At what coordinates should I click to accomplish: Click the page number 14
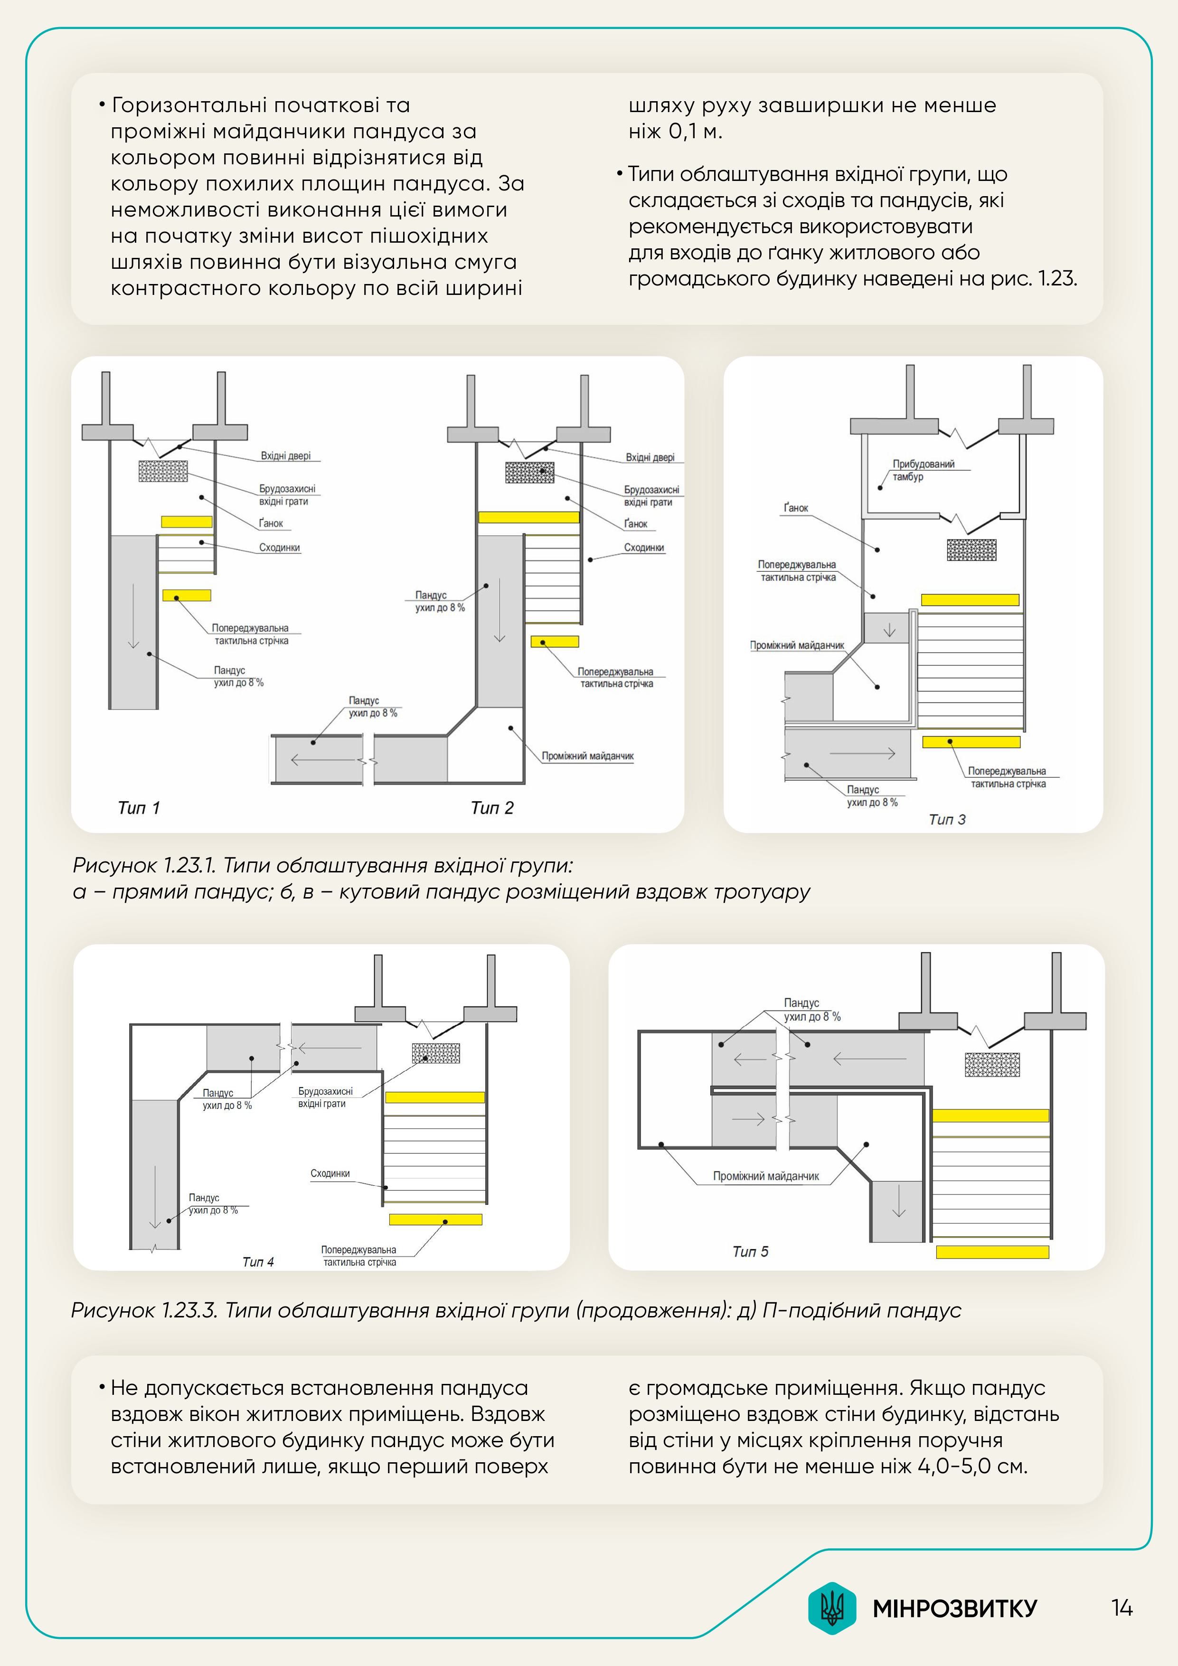pyautogui.click(x=1121, y=1608)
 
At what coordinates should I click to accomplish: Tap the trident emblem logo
pyautogui.click(x=832, y=1608)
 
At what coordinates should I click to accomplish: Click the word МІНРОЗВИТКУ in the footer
pyautogui.click(x=954, y=1609)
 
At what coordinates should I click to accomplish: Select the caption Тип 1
pyautogui.click(x=139, y=808)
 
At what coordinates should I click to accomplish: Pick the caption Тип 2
pyautogui.click(x=492, y=808)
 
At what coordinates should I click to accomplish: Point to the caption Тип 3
pyautogui.click(x=947, y=819)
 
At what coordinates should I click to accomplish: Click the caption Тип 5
pyautogui.click(x=750, y=1251)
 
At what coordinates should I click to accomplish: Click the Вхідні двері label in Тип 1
pyautogui.click(x=286, y=456)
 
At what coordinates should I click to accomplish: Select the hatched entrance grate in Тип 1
pyautogui.click(x=163, y=471)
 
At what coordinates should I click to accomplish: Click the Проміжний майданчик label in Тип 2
pyautogui.click(x=587, y=756)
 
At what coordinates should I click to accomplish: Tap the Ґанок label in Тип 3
pyautogui.click(x=796, y=508)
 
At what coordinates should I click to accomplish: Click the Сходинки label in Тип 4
pyautogui.click(x=330, y=1174)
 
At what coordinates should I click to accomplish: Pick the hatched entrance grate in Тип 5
pyautogui.click(x=991, y=1064)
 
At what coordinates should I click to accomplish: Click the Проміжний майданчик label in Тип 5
pyautogui.click(x=765, y=1176)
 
